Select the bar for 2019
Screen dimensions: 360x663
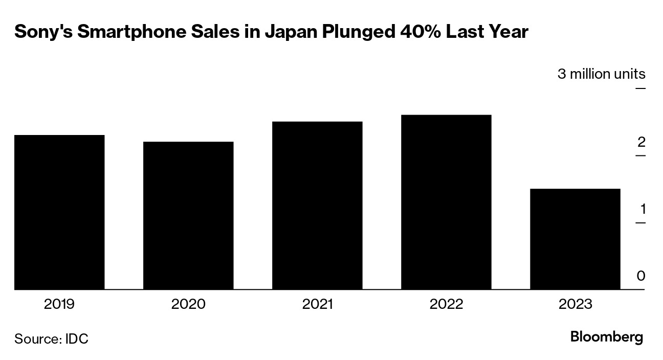pos(59,212)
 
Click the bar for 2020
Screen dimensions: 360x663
pos(188,215)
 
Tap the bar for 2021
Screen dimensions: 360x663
pos(317,206)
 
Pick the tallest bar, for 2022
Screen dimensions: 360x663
pos(446,202)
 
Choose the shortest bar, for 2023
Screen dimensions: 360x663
pos(575,239)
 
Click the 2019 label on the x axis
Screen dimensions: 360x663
pos(59,304)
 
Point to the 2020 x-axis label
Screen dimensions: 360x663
pos(188,304)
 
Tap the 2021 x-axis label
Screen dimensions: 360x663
pos(317,304)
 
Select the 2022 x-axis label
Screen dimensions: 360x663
pos(446,304)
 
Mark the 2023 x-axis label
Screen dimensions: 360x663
pos(575,304)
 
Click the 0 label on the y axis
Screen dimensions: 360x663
pos(640,276)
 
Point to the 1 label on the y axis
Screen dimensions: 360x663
pos(641,209)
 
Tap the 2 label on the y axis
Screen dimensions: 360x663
pos(641,142)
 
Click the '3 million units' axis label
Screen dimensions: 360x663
pos(601,74)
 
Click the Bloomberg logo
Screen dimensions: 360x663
pos(606,337)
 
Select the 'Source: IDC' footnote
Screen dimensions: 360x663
pos(51,339)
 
